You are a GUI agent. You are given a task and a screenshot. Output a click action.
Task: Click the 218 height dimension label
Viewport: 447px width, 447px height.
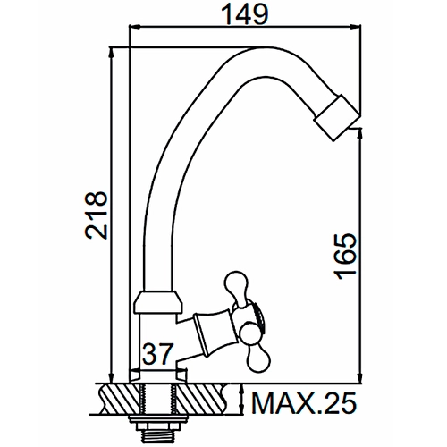click(96, 215)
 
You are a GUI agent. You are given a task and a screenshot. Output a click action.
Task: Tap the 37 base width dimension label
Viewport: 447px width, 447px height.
click(158, 354)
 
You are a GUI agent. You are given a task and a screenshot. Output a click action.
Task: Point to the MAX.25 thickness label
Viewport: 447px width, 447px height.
click(304, 403)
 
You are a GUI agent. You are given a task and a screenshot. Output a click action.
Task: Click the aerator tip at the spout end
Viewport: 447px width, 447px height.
click(337, 117)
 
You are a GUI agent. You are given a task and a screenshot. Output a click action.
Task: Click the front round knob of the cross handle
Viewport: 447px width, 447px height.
click(249, 333)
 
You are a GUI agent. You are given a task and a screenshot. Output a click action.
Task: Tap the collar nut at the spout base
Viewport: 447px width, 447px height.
click(157, 301)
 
